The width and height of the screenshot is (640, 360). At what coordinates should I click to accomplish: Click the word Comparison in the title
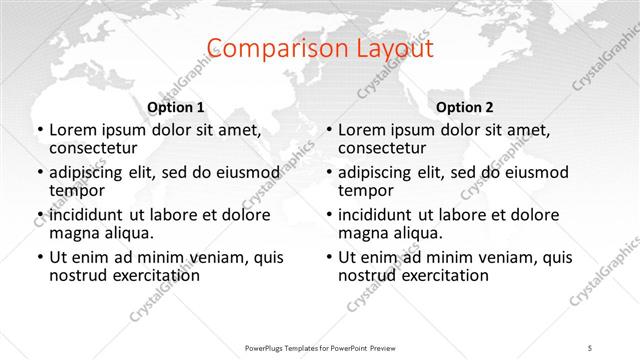pos(263,49)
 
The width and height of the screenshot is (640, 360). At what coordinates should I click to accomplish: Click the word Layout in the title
pos(384,49)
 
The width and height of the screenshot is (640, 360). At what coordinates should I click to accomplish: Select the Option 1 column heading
pos(176,107)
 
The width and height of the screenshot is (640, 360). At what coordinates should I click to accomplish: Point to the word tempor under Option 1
pos(74,191)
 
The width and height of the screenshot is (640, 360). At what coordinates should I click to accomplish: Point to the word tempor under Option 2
pos(363,191)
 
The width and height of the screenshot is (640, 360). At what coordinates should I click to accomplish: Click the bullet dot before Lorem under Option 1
pos(39,131)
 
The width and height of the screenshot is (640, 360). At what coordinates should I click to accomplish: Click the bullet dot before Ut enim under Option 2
pos(328,258)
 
